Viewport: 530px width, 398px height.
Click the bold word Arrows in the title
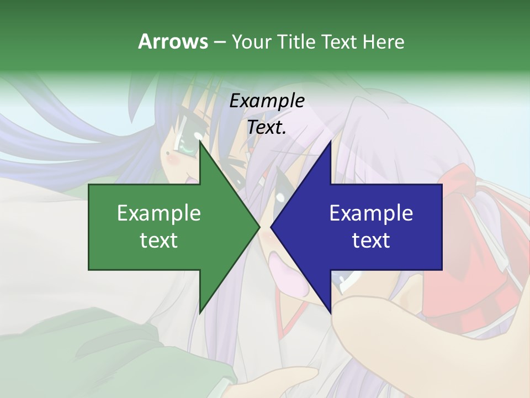[173, 41]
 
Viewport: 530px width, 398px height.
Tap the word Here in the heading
[383, 41]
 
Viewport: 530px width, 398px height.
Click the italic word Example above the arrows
[267, 101]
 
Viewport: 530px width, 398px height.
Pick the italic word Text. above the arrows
[267, 128]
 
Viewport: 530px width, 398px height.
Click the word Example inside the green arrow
[159, 213]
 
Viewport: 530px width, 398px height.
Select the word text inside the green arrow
[159, 240]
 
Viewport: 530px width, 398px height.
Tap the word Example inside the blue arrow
[371, 213]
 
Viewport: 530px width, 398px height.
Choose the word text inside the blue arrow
[371, 240]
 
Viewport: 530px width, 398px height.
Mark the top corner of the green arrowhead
[200, 143]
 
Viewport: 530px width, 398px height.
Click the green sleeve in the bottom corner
[50, 354]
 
